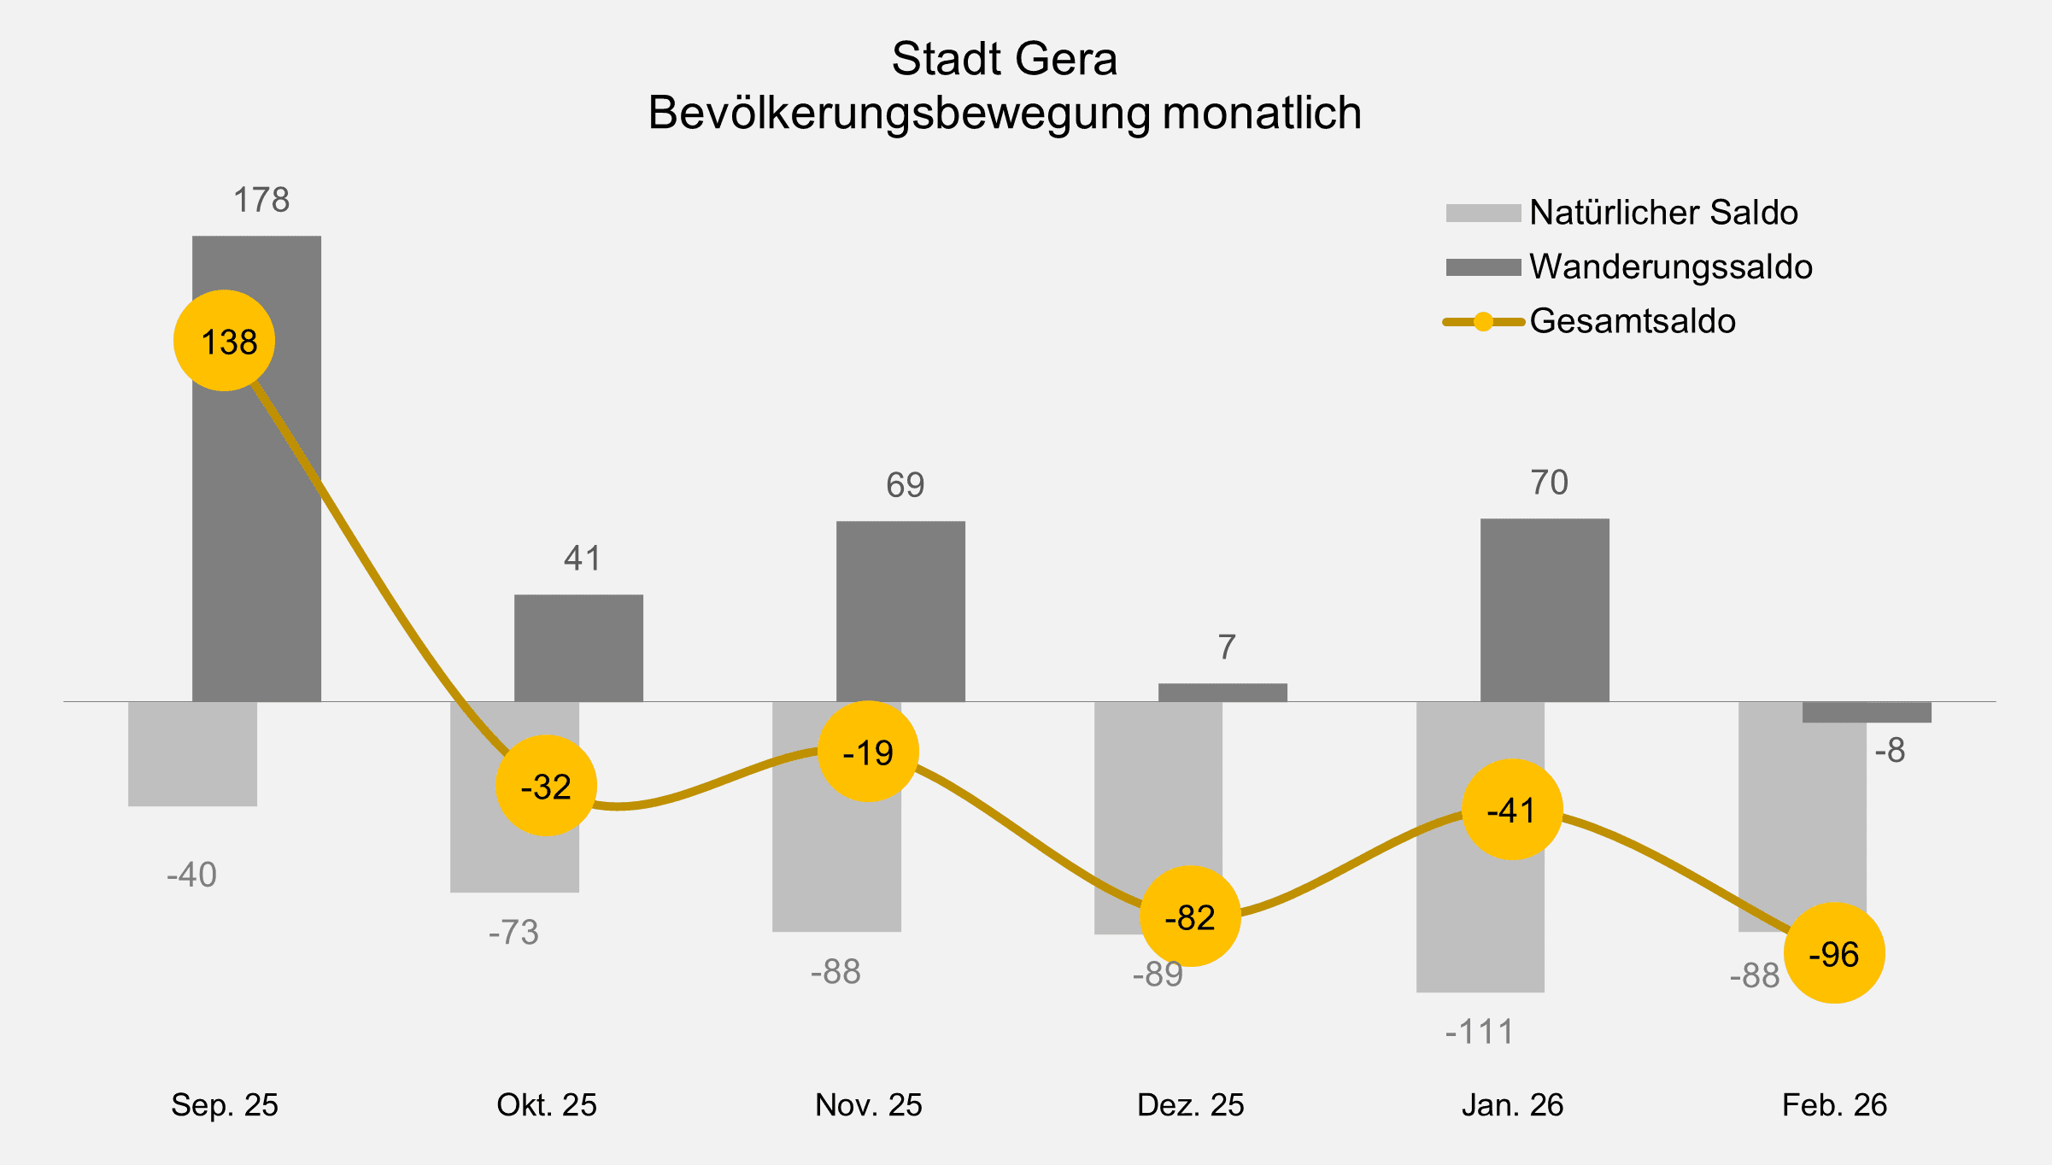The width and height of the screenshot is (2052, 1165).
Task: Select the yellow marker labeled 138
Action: click(x=224, y=341)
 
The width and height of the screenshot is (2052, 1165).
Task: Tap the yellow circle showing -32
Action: click(x=546, y=785)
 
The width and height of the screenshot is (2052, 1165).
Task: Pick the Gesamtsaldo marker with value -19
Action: click(x=868, y=752)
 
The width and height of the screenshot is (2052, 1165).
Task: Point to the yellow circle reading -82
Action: click(x=1190, y=916)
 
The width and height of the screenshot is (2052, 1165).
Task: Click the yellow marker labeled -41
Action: click(x=1512, y=809)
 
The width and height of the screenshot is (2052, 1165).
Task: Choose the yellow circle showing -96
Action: click(x=1834, y=952)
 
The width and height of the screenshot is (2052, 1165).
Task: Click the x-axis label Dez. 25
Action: click(x=1190, y=1105)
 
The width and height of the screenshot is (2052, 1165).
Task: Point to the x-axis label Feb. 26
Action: click(x=1834, y=1105)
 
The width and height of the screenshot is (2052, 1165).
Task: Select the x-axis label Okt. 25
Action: click(x=546, y=1105)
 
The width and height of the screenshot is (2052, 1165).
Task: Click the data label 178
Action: click(x=261, y=200)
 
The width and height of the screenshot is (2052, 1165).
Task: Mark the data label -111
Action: click(x=1480, y=1033)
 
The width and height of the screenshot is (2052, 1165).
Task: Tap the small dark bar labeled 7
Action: click(x=1222, y=693)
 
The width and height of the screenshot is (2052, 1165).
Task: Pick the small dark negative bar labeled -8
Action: click(x=1867, y=712)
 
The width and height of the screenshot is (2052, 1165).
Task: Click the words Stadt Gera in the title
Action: click(x=1004, y=59)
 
